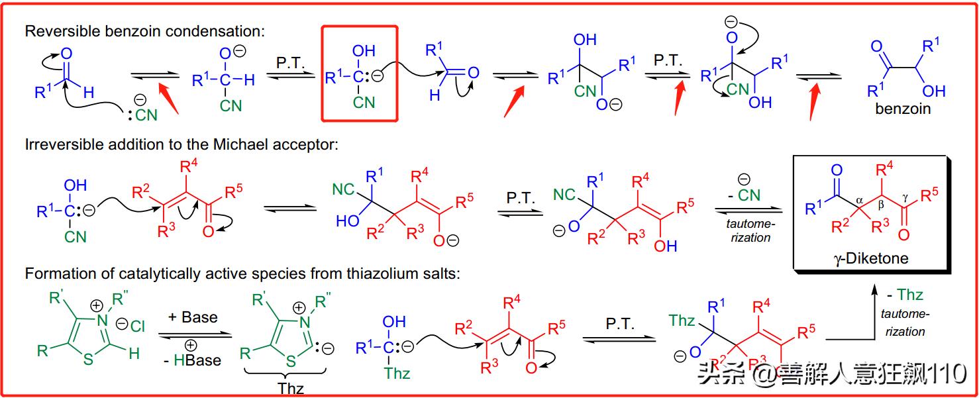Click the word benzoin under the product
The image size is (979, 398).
(902, 109)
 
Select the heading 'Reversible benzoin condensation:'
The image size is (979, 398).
(144, 31)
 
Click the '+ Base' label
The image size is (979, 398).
(193, 317)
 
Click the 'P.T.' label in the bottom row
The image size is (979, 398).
(620, 324)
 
